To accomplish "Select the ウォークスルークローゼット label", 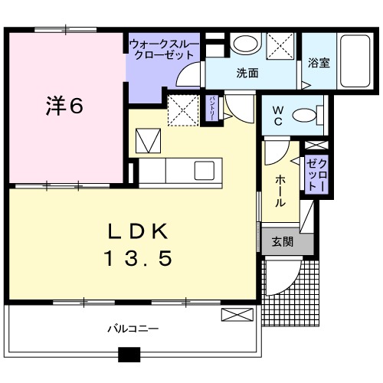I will (x=163, y=50).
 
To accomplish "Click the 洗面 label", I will (x=246, y=74).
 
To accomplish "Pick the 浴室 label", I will (x=319, y=64).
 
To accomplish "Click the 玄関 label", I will (x=283, y=242).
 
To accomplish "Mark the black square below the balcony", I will (x=129, y=355).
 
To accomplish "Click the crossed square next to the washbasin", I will (x=278, y=44).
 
